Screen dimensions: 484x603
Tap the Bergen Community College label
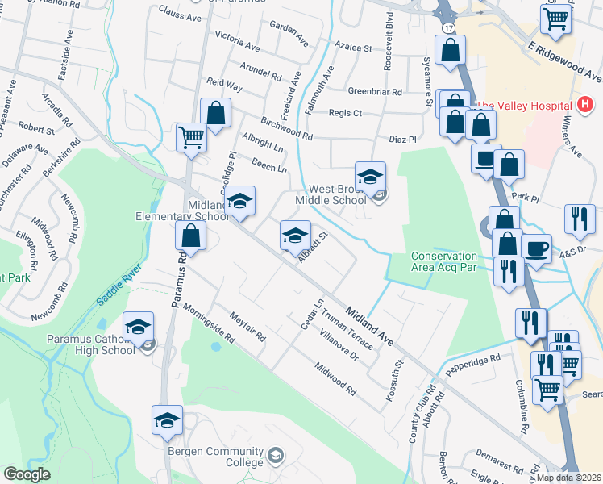coord(216,457)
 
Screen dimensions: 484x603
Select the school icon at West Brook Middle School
coord(371,177)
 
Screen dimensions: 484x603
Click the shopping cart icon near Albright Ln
coord(192,136)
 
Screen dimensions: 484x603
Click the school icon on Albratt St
coord(295,236)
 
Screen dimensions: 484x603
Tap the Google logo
coord(27,474)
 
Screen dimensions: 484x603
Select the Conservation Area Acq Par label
coord(445,261)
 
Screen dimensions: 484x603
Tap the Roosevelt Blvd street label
coord(389,54)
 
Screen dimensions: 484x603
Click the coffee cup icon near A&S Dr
coord(536,248)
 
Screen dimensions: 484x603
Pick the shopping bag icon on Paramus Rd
coord(192,236)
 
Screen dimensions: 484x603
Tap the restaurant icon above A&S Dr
coord(580,218)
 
